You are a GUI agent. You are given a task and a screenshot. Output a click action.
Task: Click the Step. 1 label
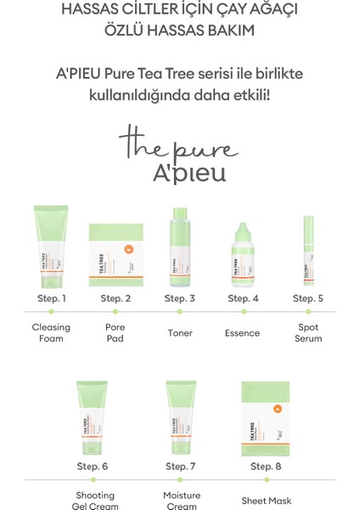tap(51, 298)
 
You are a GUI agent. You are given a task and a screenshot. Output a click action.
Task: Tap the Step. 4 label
tap(243, 298)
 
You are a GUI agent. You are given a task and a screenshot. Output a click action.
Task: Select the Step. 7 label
tap(181, 467)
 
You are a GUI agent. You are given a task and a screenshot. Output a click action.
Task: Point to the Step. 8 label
tap(267, 467)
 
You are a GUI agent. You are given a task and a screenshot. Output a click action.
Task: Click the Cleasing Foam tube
tap(51, 246)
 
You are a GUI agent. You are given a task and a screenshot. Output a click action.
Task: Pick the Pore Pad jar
tap(115, 256)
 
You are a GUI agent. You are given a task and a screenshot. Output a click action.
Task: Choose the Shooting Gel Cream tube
tap(93, 416)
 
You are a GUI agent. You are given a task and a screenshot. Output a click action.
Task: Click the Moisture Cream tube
tap(181, 416)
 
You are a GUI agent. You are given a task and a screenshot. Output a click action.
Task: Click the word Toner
tap(180, 333)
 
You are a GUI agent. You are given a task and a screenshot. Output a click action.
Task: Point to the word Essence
tap(243, 333)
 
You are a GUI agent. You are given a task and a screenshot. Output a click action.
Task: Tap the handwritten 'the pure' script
tap(178, 143)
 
